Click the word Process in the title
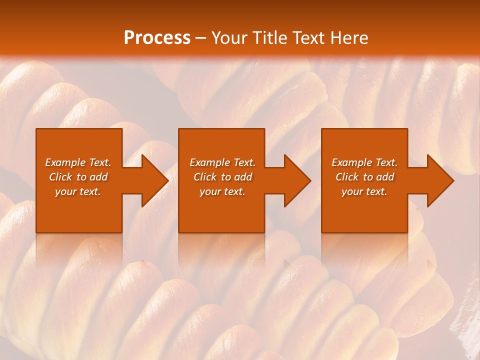[x=157, y=38]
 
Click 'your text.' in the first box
[x=78, y=191]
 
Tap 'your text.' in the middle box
[x=222, y=191]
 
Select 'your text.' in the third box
[x=364, y=191]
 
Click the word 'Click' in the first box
[x=60, y=177]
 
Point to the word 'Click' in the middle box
[x=205, y=177]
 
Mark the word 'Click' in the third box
[x=347, y=177]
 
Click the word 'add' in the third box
[x=385, y=177]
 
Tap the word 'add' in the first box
[x=98, y=177]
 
